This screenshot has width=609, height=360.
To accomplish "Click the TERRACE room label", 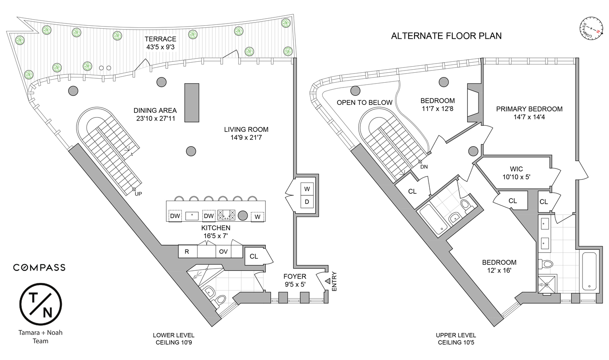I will coord(161,39).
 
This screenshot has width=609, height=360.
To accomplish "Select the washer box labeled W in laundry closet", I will coord(307,189).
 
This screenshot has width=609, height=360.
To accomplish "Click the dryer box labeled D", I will coord(307,202).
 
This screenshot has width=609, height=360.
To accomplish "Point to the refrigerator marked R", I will coord(187,252).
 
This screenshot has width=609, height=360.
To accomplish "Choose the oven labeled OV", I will coord(223,252).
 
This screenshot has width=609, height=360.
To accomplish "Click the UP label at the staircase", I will coord(138,194).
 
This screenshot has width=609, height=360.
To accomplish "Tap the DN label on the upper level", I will coord(424,167).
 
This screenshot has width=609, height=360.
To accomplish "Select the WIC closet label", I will coord(516,169).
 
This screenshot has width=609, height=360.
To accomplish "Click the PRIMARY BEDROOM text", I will coord(529,109).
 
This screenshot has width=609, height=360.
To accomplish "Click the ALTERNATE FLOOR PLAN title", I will coord(446,36).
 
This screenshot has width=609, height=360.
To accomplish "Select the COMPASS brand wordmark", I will coord(39,267).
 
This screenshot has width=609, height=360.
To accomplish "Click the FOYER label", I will coord(294,276).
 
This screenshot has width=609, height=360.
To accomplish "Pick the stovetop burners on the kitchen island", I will coord(226,215).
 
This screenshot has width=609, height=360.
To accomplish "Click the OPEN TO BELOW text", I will coord(365,103).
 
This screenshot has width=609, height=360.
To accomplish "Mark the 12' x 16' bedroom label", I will coord(499,266).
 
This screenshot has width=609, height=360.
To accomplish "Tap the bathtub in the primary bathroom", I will coord(589,271).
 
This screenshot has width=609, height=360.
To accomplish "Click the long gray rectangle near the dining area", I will coord(191,103).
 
